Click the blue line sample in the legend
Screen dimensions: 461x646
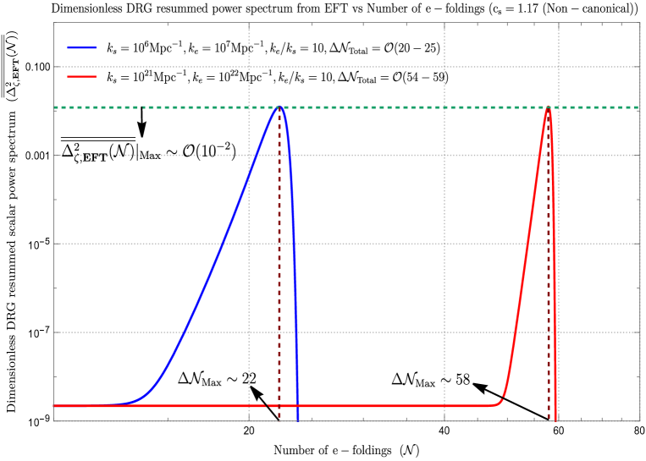(x=82, y=48)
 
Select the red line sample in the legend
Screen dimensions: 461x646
(x=82, y=77)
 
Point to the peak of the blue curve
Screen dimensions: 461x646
(x=279, y=107)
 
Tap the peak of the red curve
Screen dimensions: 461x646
(x=548, y=107)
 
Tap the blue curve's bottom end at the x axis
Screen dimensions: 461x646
(x=298, y=420)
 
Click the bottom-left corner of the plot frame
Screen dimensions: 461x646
(x=54, y=420)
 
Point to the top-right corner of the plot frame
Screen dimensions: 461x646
(x=639, y=23)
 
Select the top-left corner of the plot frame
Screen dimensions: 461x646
(x=54, y=23)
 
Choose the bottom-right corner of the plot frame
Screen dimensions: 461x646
(x=639, y=420)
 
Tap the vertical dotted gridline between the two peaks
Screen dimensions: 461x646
(x=444, y=254)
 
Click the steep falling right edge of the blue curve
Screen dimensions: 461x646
(x=295, y=254)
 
